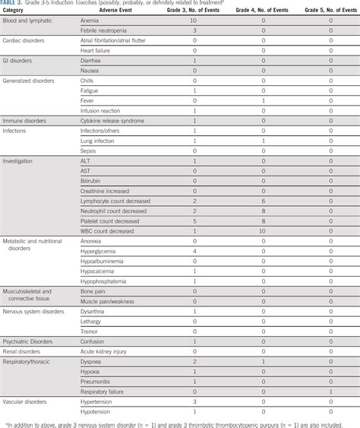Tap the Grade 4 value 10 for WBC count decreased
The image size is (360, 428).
[x=263, y=230]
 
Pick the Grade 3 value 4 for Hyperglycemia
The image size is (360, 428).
[x=194, y=250]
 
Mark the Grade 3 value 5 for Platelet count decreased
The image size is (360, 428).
[x=194, y=220]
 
